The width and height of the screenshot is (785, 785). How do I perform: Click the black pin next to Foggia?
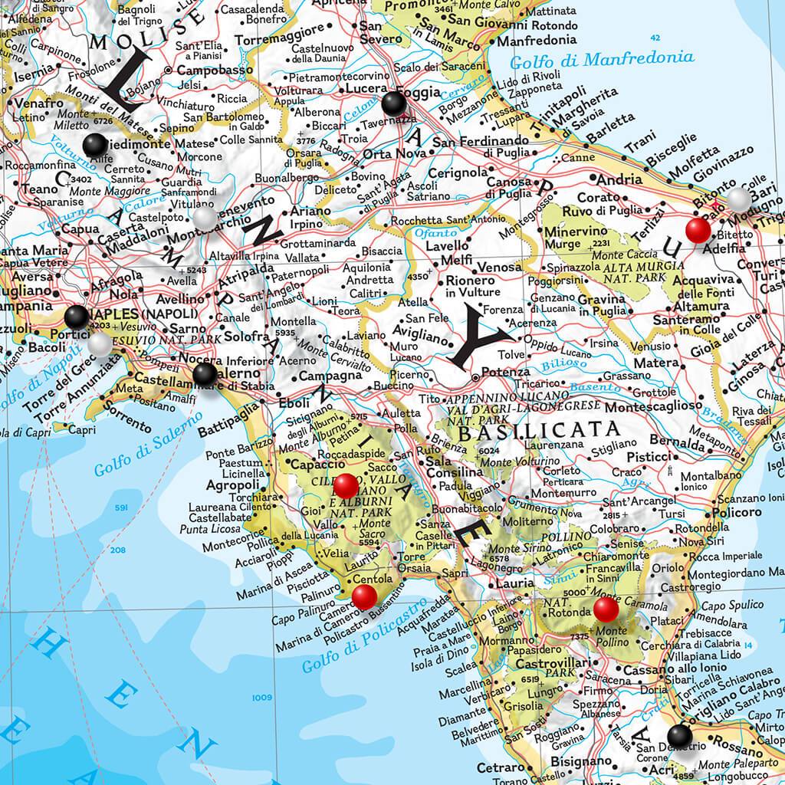click(394, 103)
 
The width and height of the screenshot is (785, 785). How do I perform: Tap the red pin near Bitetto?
click(698, 230)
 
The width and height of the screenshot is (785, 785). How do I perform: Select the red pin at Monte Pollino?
click(606, 609)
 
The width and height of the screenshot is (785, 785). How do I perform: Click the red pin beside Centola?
click(364, 596)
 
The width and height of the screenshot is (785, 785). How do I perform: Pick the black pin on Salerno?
click(205, 373)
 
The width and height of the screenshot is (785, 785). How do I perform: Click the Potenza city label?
click(507, 379)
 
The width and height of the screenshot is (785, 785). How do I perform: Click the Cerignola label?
click(458, 172)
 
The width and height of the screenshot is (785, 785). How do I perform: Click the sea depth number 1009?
click(262, 697)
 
